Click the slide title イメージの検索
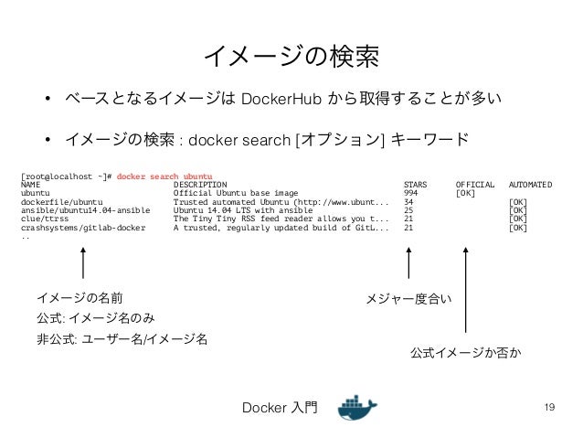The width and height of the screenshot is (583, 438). (291, 57)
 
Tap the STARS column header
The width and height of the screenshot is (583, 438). (416, 184)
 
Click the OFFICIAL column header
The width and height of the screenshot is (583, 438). (474, 184)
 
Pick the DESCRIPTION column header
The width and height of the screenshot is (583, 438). (200, 184)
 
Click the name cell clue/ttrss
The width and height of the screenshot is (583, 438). (44, 219)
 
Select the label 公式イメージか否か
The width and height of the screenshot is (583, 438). (465, 351)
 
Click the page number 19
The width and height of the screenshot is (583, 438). (549, 406)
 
